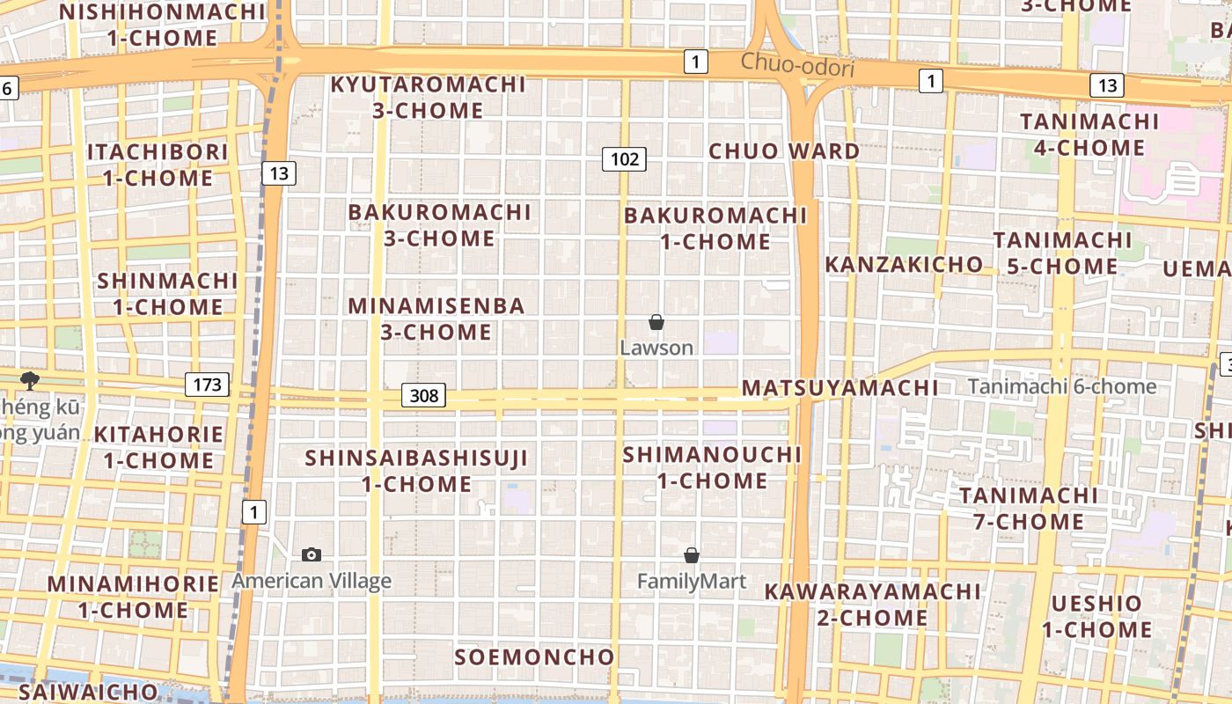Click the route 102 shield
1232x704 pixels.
point(624,159)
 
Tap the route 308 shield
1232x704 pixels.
point(424,396)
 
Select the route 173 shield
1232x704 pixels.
point(207,385)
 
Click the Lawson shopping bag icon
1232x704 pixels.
point(656,322)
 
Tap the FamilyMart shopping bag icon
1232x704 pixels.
point(692,555)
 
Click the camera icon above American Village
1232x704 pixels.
point(312,554)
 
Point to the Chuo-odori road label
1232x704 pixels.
point(797,64)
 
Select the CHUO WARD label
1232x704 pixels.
point(784,150)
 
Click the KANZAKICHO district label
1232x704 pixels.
point(904,264)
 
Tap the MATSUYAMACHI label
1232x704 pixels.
point(840,388)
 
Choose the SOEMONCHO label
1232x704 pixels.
point(534,657)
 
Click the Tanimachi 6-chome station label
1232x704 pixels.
point(1062,386)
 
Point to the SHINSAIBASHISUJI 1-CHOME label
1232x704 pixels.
point(416,471)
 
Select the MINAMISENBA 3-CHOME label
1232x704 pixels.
point(436,319)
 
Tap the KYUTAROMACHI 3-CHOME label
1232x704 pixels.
point(429,98)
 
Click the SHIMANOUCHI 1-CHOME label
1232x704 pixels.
point(713,467)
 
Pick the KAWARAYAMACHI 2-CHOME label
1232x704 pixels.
point(872,604)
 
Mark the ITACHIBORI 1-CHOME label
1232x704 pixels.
point(158,165)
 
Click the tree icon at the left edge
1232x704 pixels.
point(30,380)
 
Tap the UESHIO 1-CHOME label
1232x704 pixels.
point(1097,616)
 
